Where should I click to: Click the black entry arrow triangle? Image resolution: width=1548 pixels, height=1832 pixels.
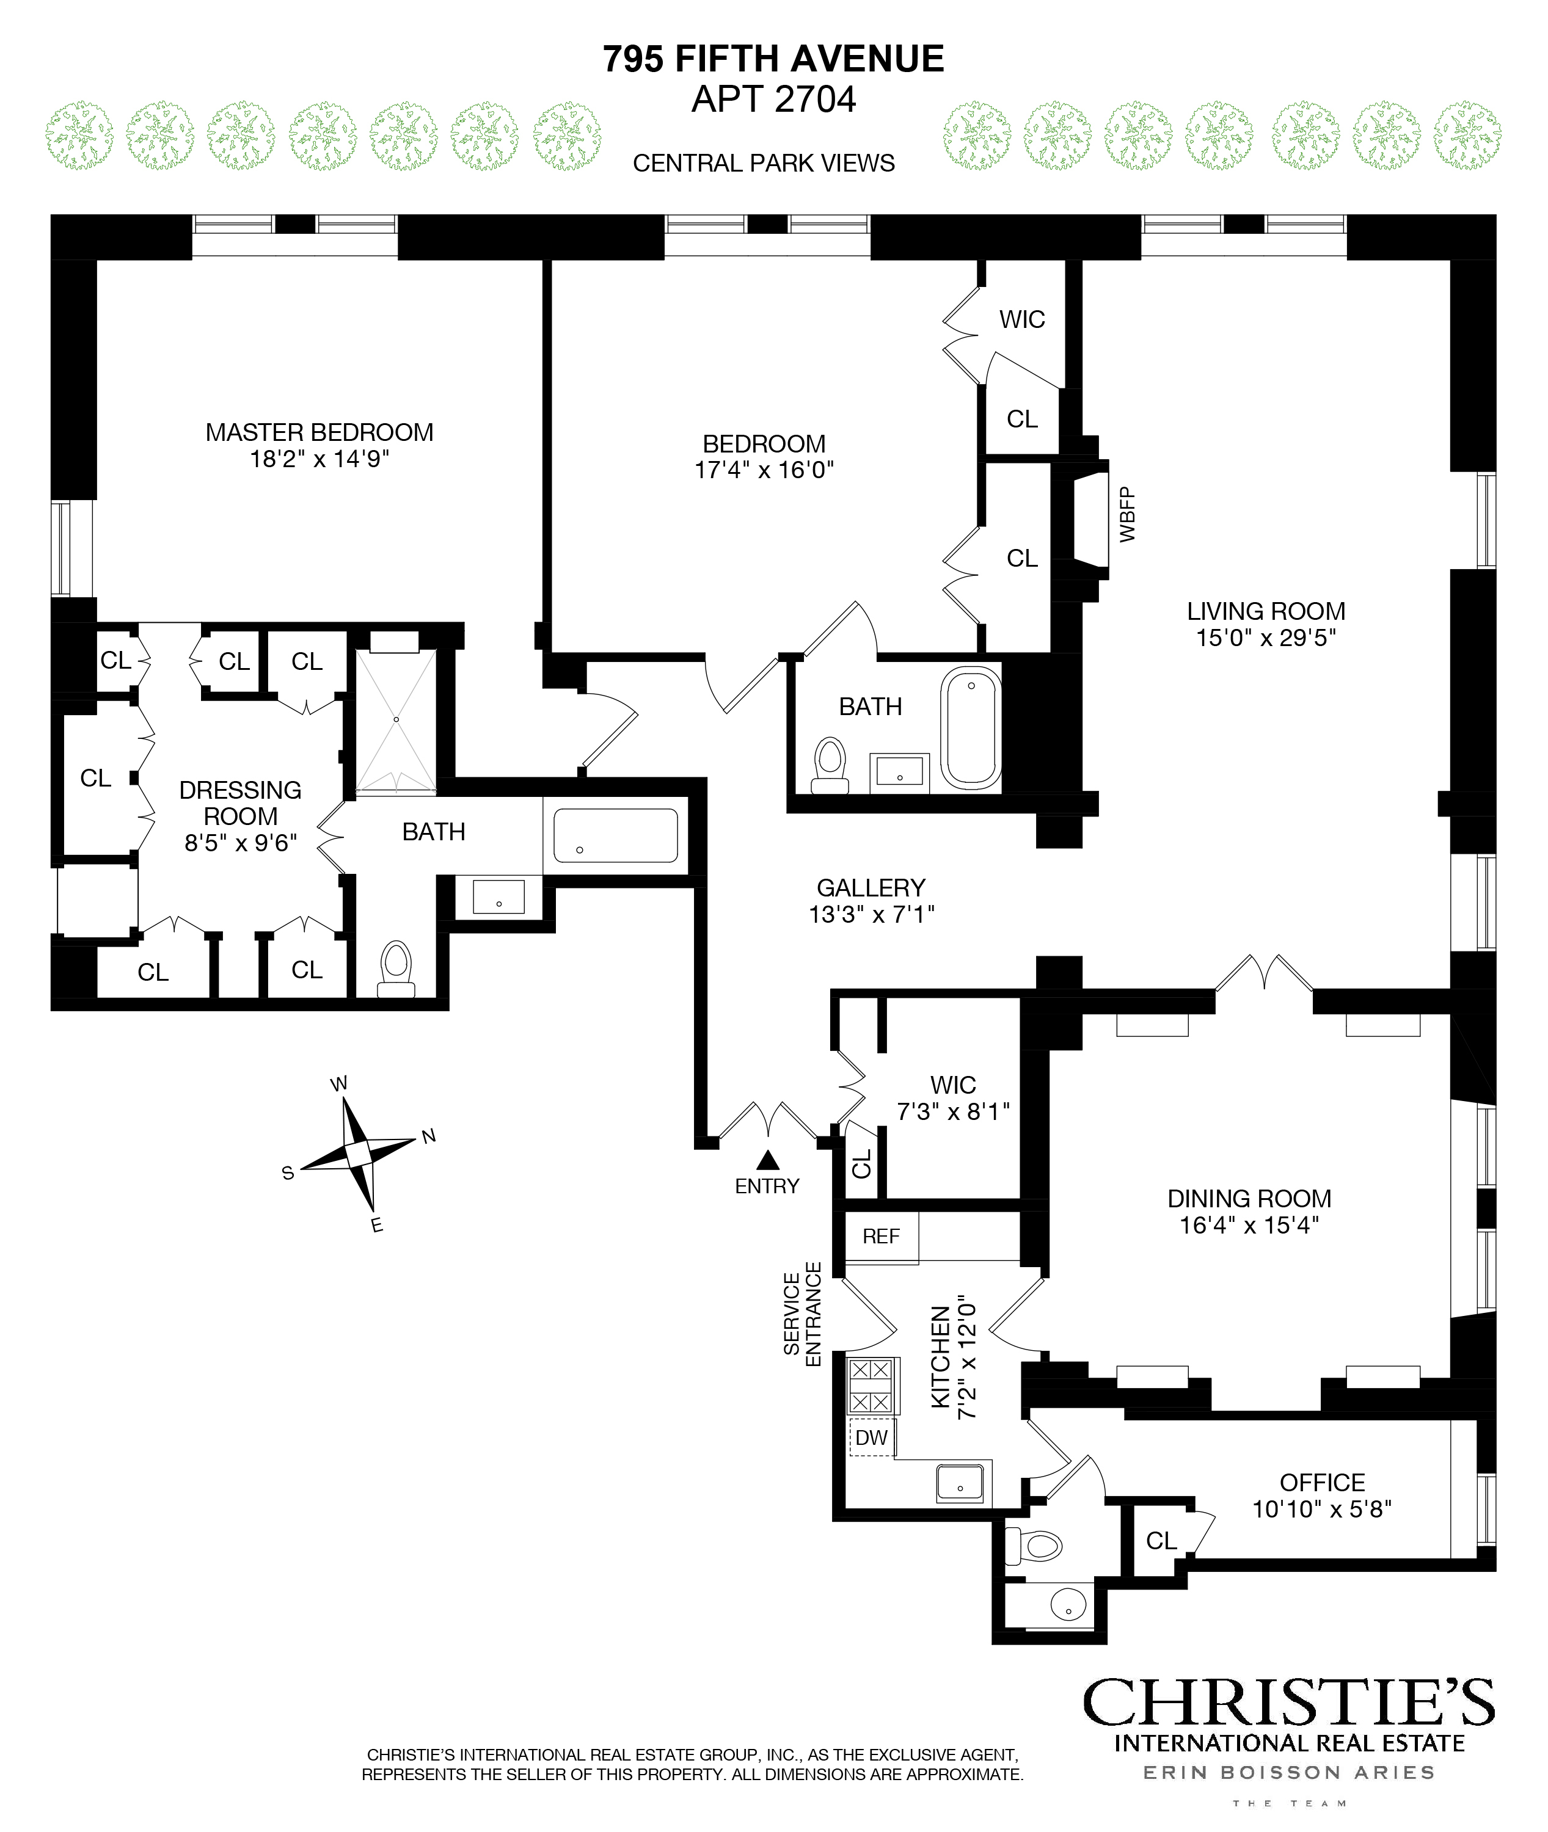point(768,1161)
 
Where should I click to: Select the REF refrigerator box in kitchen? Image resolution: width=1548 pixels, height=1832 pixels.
point(881,1236)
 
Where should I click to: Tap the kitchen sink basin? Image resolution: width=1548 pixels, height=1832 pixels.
point(960,1483)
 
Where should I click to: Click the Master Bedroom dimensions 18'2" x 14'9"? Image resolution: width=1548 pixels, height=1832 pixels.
point(319,459)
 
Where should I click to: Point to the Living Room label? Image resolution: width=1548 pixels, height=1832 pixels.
point(1265,611)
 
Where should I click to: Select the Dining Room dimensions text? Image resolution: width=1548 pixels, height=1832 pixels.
point(1249,1225)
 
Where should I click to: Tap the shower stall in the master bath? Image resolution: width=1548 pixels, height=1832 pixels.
point(396,719)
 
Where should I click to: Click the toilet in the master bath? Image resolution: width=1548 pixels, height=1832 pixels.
point(396,969)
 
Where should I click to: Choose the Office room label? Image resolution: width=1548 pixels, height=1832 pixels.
point(1321,1482)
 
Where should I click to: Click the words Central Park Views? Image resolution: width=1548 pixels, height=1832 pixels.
point(764,163)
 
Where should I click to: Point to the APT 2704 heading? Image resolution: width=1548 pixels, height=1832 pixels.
point(773,99)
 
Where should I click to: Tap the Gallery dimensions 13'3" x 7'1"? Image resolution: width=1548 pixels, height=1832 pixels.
point(871,914)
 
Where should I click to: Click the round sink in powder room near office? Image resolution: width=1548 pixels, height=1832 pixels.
point(1068,1605)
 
